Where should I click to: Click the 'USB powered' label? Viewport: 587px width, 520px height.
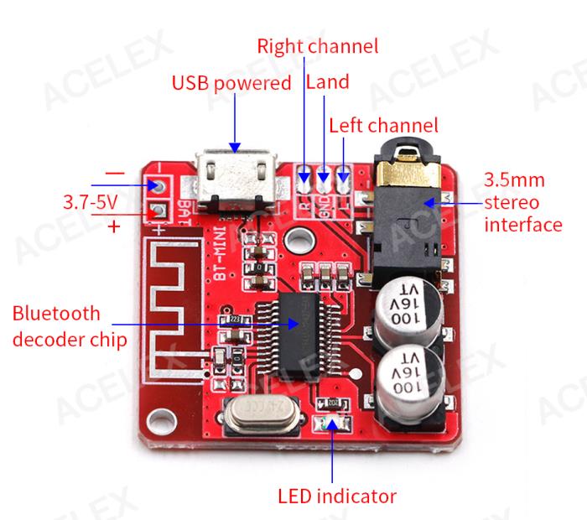coord(231,83)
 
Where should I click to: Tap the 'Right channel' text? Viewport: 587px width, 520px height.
coord(317,45)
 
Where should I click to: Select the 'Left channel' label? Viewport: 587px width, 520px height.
coord(383,126)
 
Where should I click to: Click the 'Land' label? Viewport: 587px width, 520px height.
coord(328,82)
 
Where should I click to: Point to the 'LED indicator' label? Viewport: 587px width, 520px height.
coord(337,495)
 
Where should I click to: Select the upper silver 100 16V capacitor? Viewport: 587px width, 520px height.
coord(405,309)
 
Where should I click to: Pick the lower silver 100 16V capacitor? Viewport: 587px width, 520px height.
coord(405,382)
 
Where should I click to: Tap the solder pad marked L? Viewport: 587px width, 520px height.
coord(343,177)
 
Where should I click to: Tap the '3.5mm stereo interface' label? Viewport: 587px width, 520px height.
coord(522,202)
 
